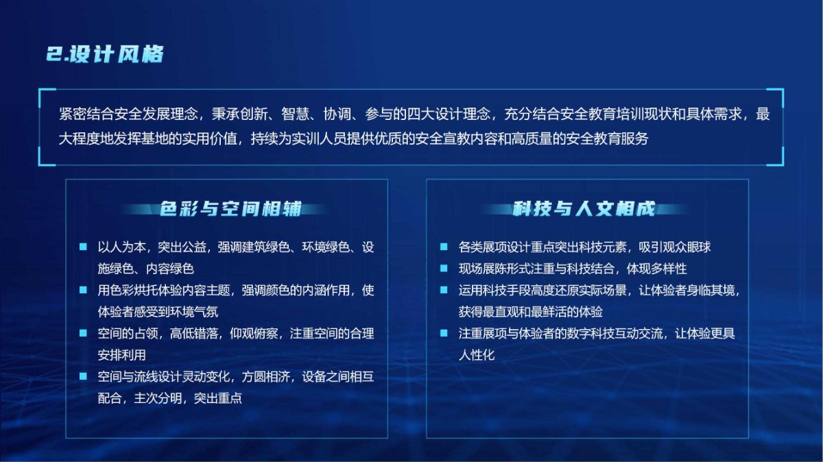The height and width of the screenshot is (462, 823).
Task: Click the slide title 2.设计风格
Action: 105,54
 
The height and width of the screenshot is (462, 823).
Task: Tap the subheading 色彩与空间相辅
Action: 230,209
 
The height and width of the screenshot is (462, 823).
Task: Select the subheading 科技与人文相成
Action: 584,209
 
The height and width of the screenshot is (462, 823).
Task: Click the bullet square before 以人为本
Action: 83,247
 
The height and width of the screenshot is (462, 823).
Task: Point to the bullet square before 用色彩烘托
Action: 83,290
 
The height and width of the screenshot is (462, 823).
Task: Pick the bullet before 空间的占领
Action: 83,333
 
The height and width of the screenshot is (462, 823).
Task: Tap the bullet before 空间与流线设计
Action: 83,376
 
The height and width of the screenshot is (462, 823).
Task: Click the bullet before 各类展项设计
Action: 444,247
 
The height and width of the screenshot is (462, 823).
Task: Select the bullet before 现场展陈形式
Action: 444,269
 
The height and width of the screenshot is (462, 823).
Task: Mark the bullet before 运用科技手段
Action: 444,290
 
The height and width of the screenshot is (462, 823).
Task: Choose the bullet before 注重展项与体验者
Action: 444,333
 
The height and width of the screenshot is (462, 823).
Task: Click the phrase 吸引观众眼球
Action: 675,247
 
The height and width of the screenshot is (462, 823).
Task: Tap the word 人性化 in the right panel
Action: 477,355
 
